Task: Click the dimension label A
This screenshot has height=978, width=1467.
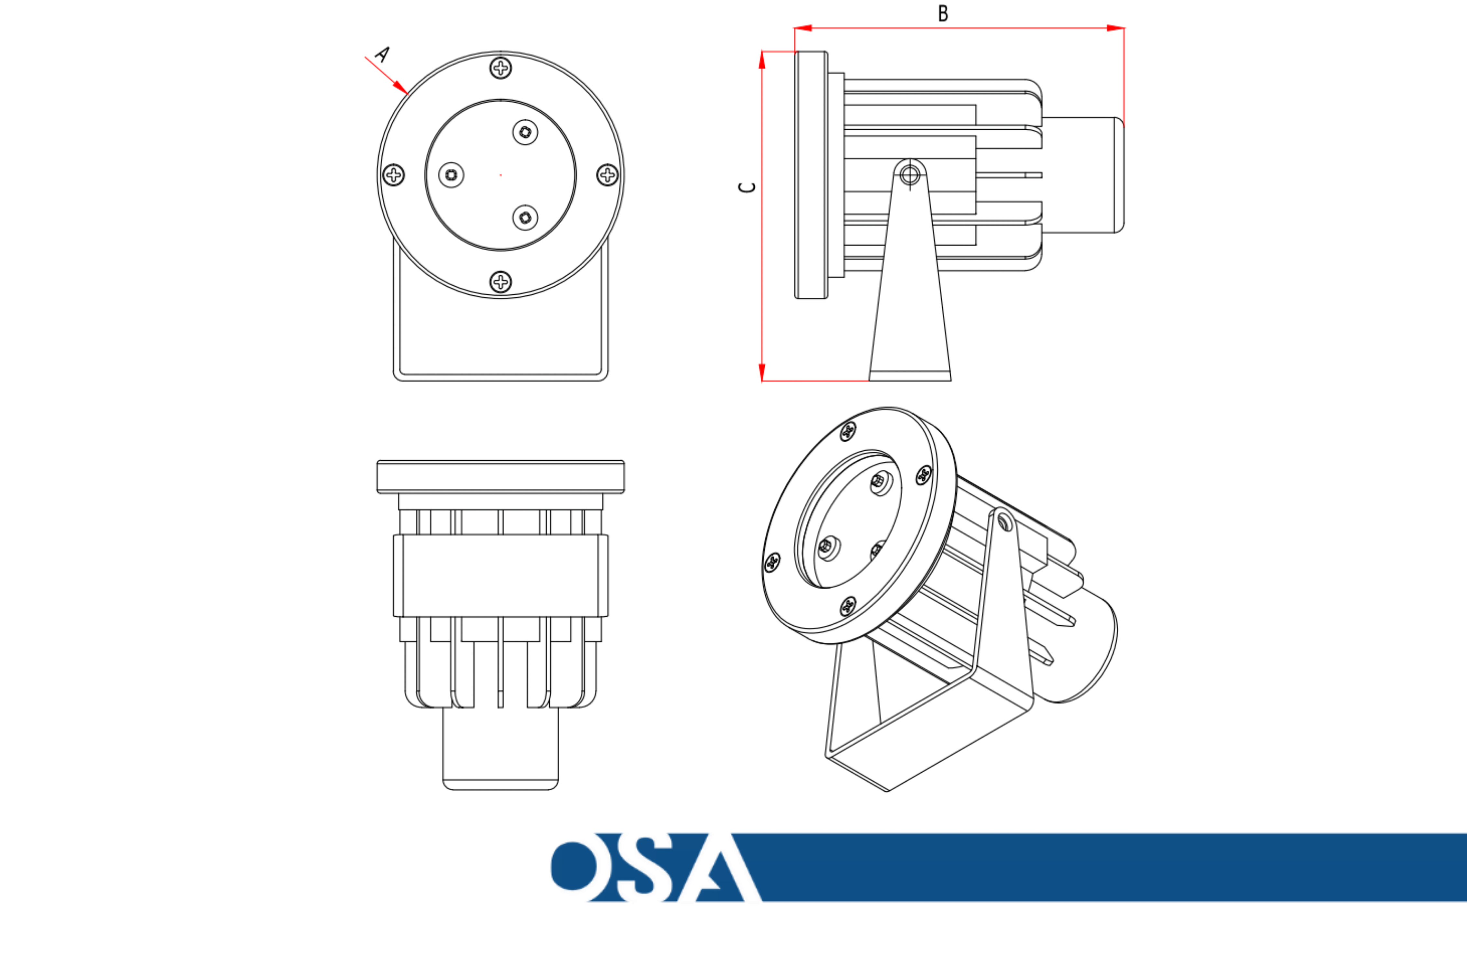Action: [382, 54]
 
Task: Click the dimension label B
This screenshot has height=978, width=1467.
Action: [943, 13]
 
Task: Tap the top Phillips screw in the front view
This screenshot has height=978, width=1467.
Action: [501, 67]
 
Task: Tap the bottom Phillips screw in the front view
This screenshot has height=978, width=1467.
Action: [501, 282]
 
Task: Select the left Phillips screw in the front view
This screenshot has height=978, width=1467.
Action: [393, 175]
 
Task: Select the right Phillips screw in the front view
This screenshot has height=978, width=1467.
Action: [608, 175]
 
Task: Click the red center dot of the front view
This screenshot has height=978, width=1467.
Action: [501, 175]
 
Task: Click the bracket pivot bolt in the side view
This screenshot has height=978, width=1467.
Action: [910, 175]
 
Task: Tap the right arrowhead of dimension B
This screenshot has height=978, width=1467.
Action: [1115, 28]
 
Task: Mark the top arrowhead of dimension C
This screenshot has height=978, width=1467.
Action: [762, 60]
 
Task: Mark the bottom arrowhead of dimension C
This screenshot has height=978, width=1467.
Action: [762, 372]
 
